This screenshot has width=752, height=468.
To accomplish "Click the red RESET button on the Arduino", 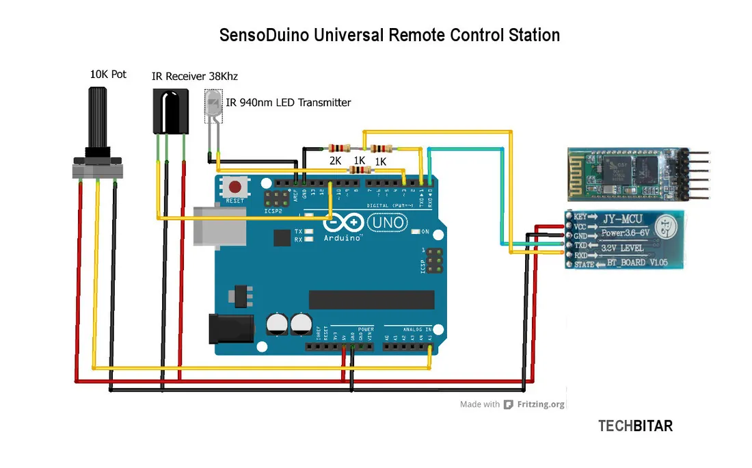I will click(236, 186).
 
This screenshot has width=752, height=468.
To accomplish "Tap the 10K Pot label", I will click(108, 74).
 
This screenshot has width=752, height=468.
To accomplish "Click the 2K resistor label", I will click(335, 161).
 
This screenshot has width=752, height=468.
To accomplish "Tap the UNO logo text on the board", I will click(388, 222).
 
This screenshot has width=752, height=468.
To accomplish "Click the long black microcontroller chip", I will click(371, 300).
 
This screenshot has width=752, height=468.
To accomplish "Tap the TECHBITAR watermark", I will click(635, 426).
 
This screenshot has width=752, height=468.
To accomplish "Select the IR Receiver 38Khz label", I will click(194, 76).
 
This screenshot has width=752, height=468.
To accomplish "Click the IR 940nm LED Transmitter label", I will click(288, 103).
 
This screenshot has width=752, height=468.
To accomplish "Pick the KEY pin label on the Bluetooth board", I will click(580, 216).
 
